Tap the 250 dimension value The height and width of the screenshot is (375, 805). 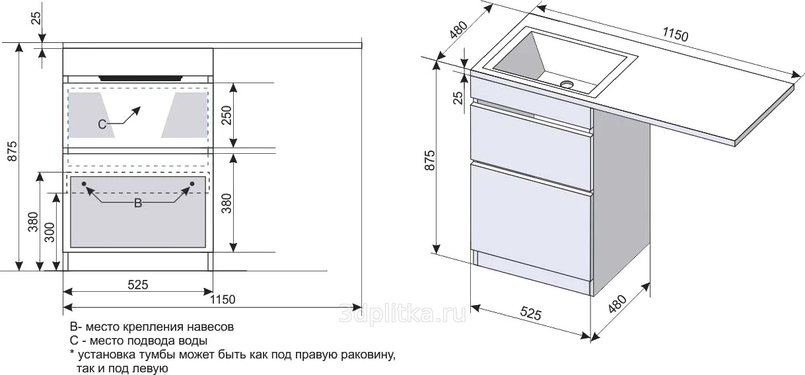(227, 115)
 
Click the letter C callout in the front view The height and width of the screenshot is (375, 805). (102, 124)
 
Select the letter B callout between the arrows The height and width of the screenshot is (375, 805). (138, 203)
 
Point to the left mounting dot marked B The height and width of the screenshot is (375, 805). (84, 184)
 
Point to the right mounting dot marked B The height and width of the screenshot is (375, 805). (192, 184)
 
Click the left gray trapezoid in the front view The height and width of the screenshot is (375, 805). (91, 115)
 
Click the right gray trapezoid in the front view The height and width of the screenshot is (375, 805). (185, 115)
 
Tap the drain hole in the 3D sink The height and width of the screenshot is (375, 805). (567, 84)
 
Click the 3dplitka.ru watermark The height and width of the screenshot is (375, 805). (403, 314)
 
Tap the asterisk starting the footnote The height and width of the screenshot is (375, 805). (72, 353)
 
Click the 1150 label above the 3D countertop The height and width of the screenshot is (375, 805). (676, 34)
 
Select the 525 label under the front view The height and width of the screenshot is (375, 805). (138, 285)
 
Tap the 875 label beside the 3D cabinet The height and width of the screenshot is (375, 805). (430, 160)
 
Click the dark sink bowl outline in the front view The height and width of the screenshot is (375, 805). (141, 78)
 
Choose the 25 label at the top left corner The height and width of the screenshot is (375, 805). (37, 18)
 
